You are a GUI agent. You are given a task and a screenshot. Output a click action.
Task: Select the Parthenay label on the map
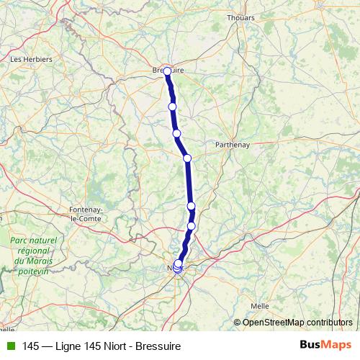coord(233,144)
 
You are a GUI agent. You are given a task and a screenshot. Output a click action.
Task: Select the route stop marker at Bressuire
coord(167,71)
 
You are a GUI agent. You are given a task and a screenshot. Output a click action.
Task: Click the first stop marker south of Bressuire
coord(172,107)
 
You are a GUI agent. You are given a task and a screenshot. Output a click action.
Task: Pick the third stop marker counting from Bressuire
coord(176,133)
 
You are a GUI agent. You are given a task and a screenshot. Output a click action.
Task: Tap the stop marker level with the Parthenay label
coord(187,158)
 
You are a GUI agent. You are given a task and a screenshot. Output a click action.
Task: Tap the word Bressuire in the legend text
coord(161,346)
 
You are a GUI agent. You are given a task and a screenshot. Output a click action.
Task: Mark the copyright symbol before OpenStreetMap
coord(238,323)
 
